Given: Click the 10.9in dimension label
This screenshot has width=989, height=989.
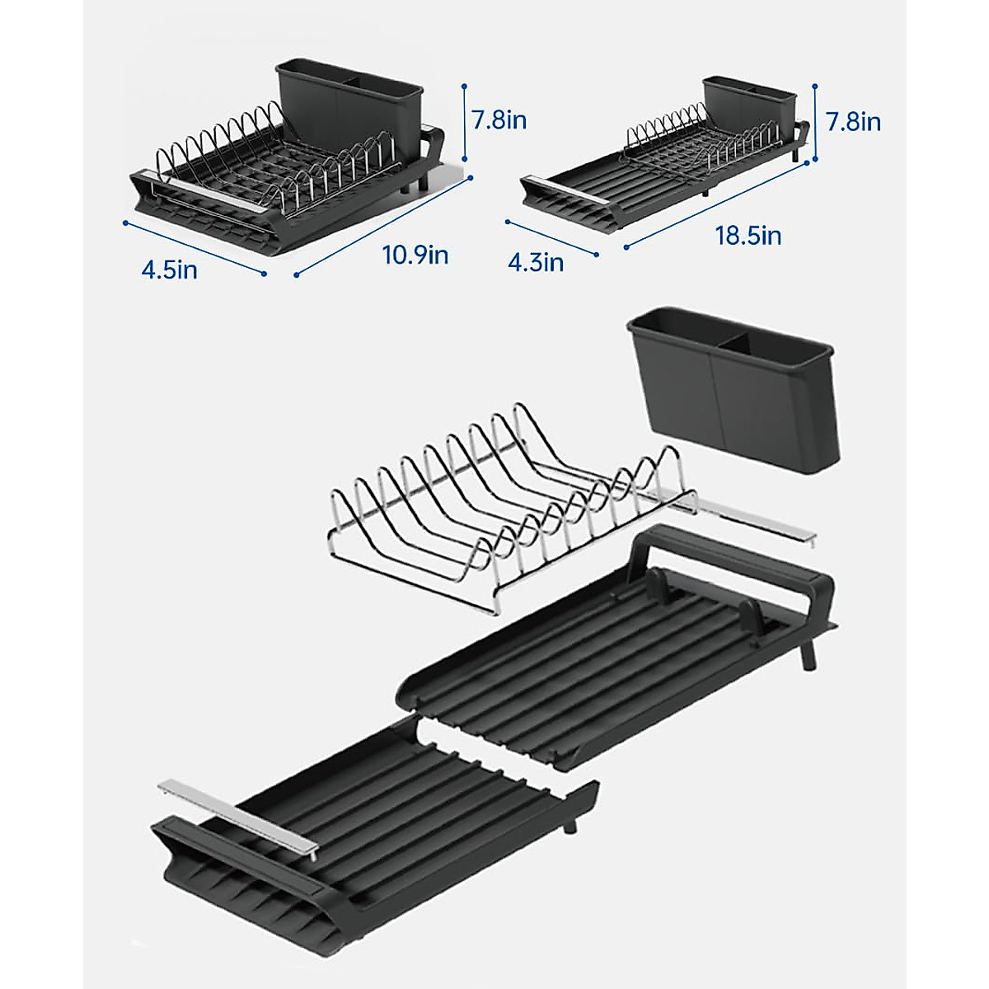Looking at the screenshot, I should [x=415, y=255].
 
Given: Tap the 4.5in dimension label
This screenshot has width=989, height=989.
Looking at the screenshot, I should [x=169, y=270].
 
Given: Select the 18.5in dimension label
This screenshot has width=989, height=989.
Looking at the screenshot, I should [x=748, y=236].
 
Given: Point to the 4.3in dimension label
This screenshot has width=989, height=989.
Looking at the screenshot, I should [x=536, y=262].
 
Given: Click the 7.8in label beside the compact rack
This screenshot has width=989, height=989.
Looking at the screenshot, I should [x=499, y=120].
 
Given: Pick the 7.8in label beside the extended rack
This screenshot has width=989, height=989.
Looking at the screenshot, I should [x=853, y=122].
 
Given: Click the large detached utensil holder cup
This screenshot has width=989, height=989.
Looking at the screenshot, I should [x=732, y=387].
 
